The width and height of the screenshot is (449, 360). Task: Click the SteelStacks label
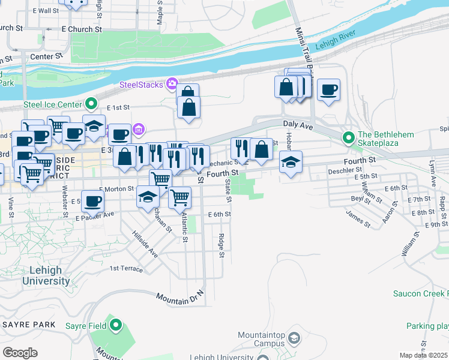click(141, 85)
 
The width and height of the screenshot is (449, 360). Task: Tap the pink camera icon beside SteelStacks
click(172, 83)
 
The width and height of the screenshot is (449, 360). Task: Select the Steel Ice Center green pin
click(91, 104)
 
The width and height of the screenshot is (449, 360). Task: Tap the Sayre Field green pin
click(116, 326)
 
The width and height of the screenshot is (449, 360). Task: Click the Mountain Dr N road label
click(180, 296)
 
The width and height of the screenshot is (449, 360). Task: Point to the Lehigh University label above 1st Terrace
click(45, 276)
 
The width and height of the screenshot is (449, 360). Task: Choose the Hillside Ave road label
click(145, 245)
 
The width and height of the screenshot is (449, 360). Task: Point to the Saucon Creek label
click(420, 293)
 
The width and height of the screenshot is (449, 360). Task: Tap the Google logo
click(20, 353)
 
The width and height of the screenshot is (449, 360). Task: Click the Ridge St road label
click(221, 246)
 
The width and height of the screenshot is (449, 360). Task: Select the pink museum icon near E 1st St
click(139, 129)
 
